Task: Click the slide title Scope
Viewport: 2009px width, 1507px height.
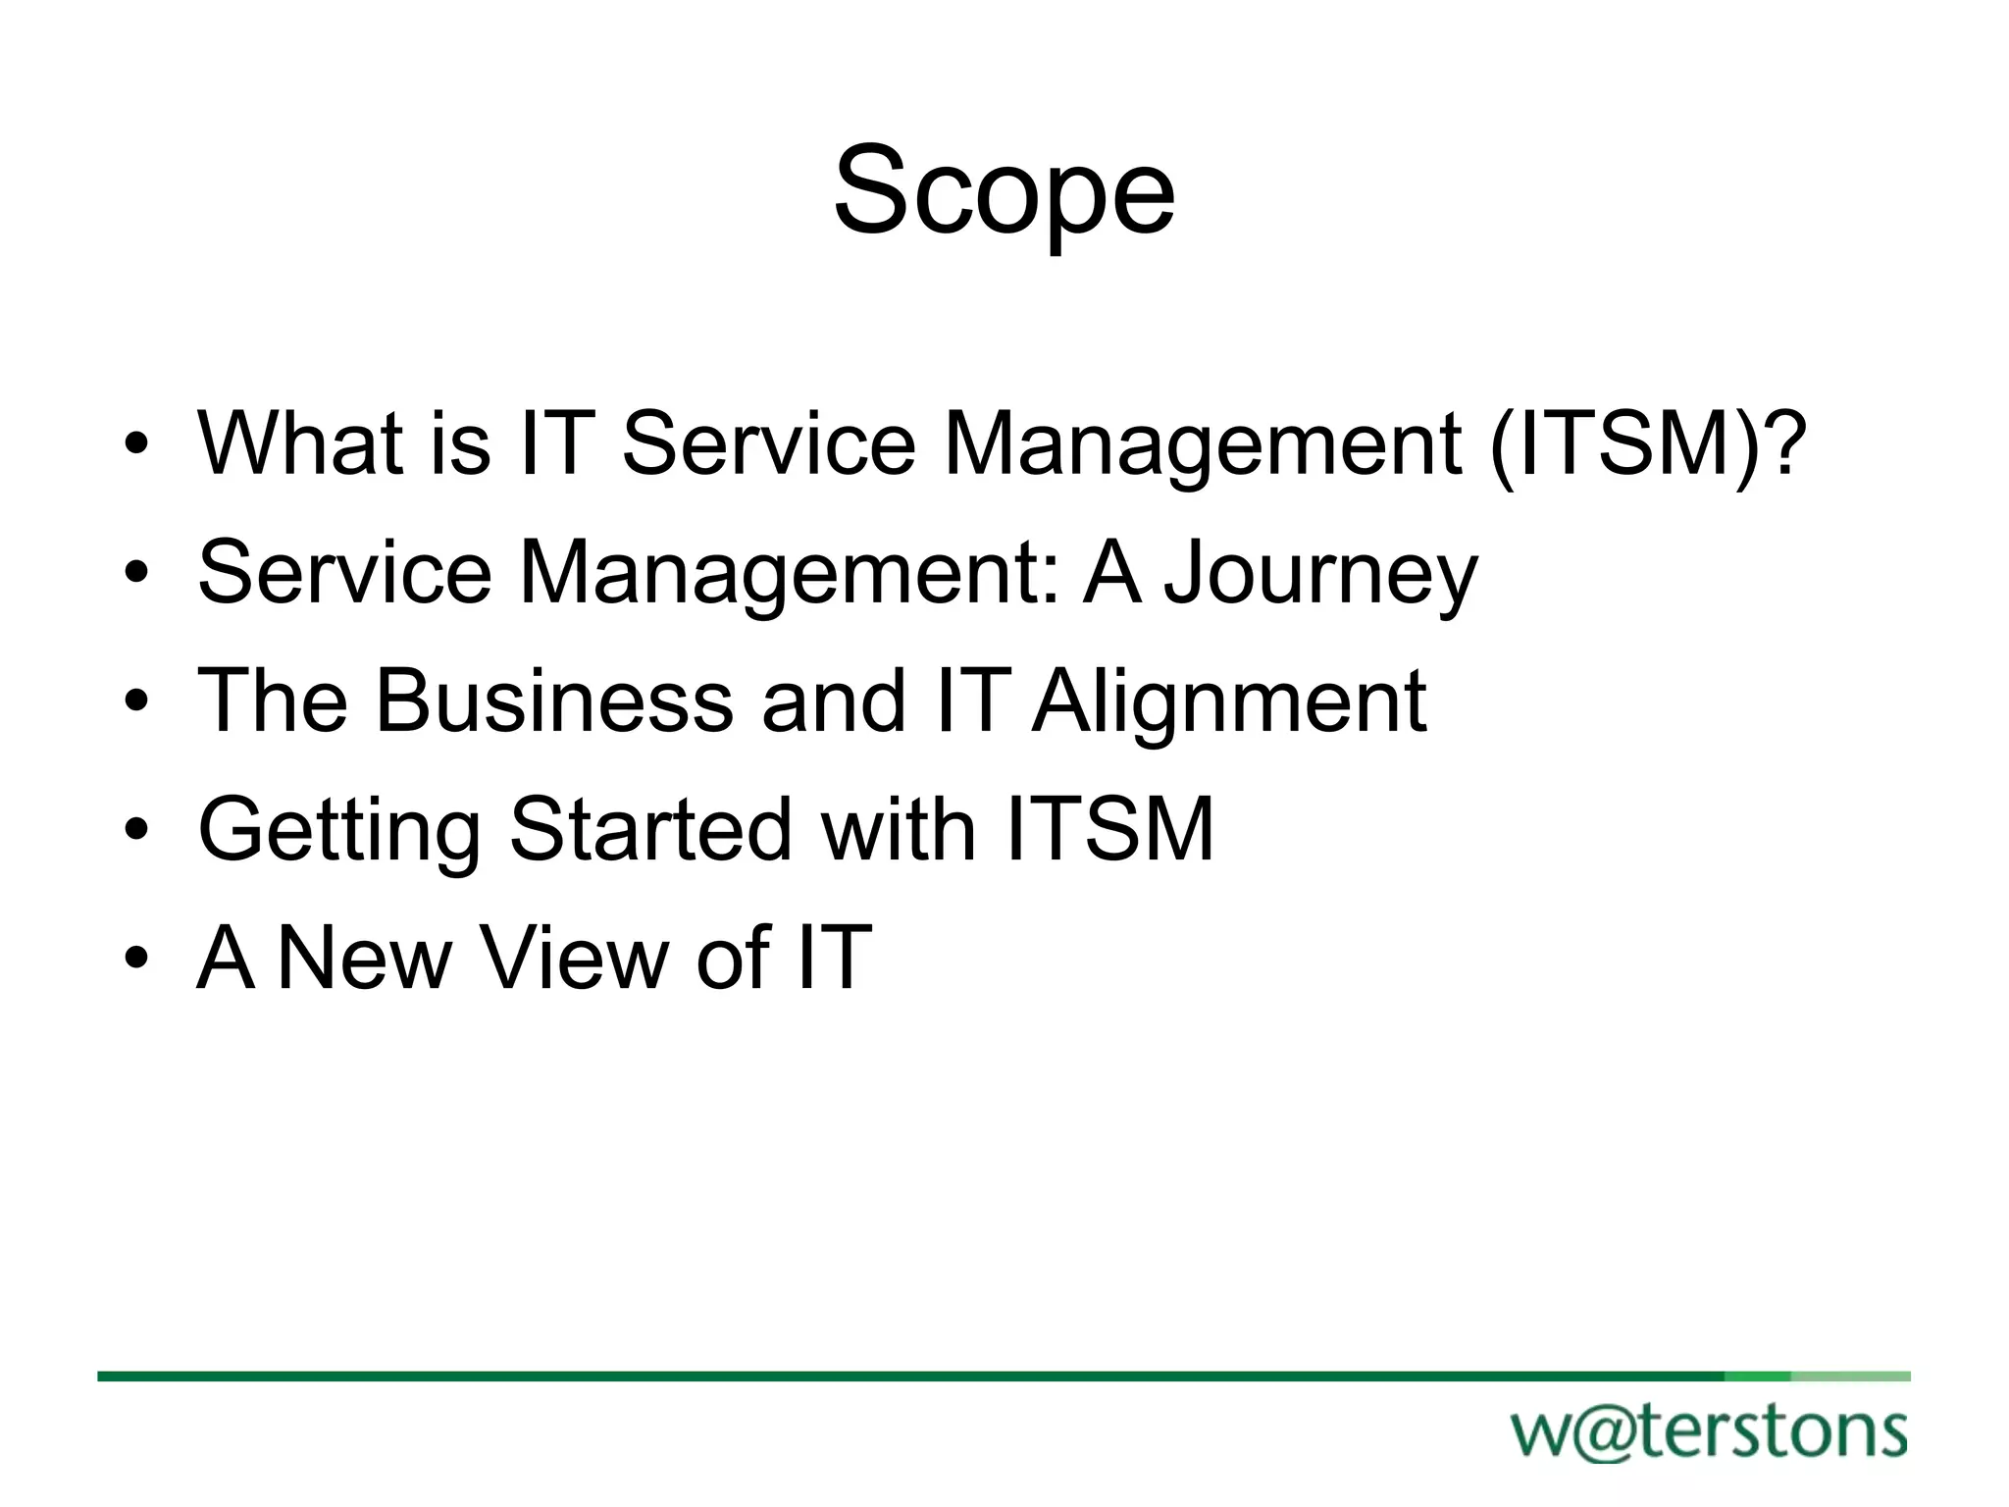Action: (1004, 190)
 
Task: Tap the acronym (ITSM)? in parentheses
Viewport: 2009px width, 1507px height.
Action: (1647, 443)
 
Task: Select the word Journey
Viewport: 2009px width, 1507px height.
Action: (1320, 573)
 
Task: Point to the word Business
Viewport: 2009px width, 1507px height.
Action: (555, 701)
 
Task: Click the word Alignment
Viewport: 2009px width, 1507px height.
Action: (1229, 701)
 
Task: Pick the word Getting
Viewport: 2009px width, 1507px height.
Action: (338, 830)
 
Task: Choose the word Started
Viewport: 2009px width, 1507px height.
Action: (650, 830)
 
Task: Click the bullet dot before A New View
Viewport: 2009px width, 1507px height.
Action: (136, 961)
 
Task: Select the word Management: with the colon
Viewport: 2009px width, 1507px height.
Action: (790, 573)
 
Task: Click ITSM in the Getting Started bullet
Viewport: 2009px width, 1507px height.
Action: (1110, 830)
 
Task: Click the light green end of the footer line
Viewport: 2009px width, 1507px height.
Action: (1850, 1377)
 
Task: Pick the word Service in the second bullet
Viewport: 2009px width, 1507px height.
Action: (345, 573)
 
